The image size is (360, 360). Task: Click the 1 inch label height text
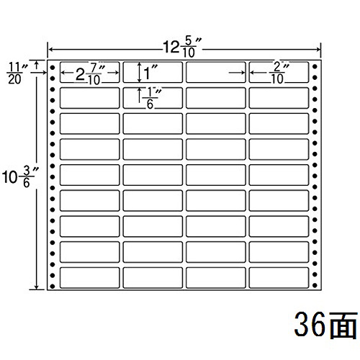coord(150,73)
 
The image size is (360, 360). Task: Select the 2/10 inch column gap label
coord(279,73)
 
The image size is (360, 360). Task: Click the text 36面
coord(325,325)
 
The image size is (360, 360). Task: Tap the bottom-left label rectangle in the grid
coord(90,277)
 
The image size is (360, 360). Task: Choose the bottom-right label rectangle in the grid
coord(279,277)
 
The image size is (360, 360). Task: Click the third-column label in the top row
coord(216,72)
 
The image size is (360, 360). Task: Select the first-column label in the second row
coord(90,98)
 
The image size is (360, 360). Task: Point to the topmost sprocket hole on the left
coord(53,68)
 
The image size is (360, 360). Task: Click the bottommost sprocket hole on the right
coord(315,285)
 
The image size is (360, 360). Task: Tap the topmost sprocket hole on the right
coord(315,66)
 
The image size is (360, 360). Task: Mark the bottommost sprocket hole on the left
coord(53,286)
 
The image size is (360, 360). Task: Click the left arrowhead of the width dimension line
coord(50,50)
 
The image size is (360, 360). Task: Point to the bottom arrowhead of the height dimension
coord(37,287)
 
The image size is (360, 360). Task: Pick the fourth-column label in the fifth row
coord(279,175)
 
